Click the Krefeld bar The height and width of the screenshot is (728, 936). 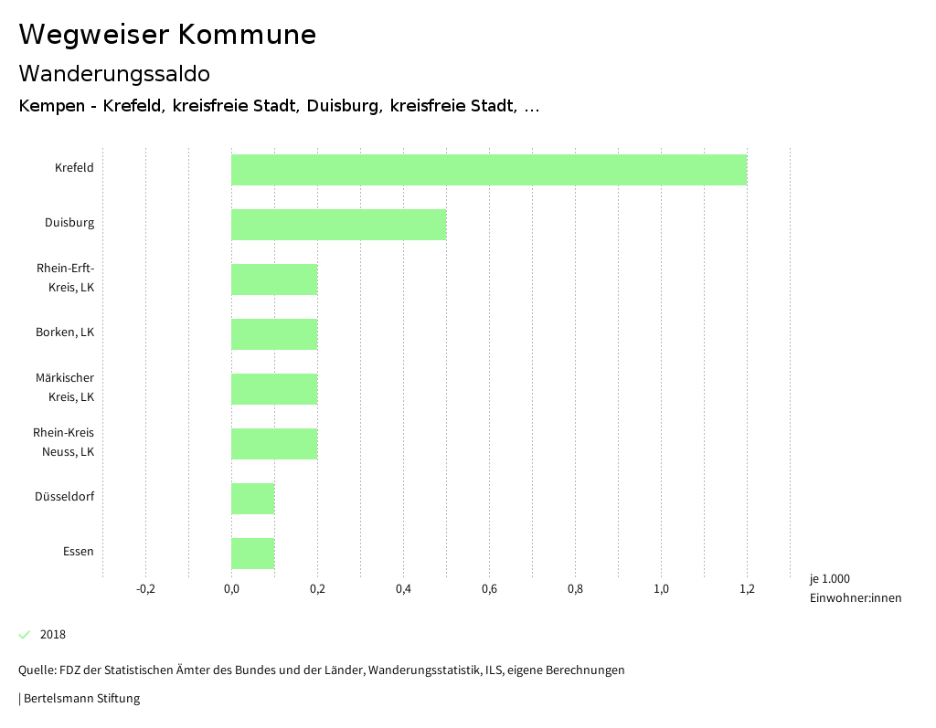489,170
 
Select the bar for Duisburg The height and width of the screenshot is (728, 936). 338,225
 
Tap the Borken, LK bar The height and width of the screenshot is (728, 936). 274,334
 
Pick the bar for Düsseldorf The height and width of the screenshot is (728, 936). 252,499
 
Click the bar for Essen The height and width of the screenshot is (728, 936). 252,554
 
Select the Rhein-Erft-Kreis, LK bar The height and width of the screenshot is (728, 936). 274,280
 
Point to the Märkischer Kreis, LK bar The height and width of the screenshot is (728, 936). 274,389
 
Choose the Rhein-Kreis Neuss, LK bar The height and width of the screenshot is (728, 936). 274,444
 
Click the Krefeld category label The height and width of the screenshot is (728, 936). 74,168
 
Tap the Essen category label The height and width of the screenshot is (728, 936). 79,552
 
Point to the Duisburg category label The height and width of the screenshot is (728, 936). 69,223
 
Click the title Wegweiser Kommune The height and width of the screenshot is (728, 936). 167,35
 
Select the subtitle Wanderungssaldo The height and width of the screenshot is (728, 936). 114,73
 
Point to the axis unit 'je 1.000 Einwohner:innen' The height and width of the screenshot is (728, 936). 855,588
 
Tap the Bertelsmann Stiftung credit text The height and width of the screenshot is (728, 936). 80,699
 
